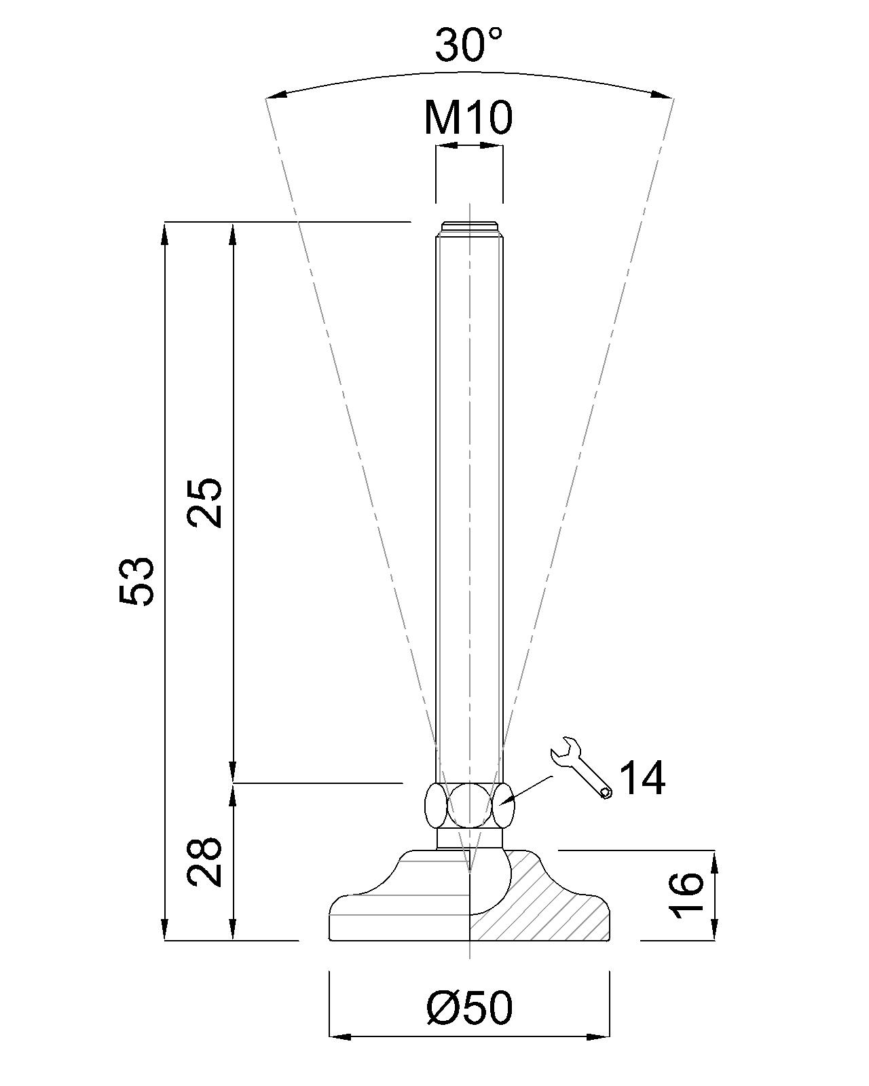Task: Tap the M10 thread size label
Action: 468,117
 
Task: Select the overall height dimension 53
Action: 138,581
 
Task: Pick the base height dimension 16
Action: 686,895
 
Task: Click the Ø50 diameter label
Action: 469,1008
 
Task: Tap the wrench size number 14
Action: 642,777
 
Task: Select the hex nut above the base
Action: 469,805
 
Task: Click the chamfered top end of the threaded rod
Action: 469,227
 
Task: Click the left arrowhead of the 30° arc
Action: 277,95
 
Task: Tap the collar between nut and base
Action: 469,838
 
